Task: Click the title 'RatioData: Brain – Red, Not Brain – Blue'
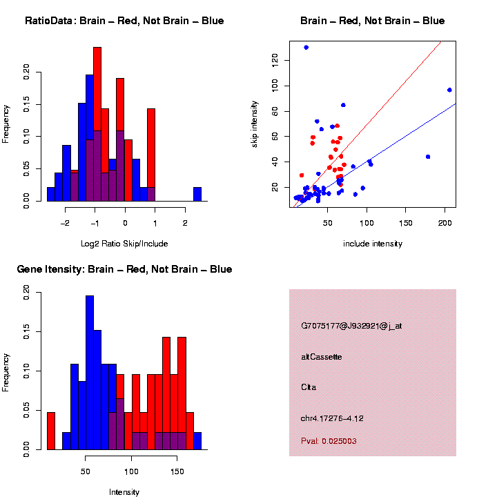pyautogui.click(x=124, y=21)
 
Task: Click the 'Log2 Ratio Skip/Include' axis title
pyautogui.click(x=124, y=244)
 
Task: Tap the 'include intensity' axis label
pyautogui.click(x=373, y=244)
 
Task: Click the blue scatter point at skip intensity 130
pyautogui.click(x=306, y=48)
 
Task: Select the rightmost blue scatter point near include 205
pyautogui.click(x=449, y=90)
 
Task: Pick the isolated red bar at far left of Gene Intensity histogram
pyautogui.click(x=50, y=431)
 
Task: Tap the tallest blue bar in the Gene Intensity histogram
pyautogui.click(x=89, y=373)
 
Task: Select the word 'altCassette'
pyautogui.click(x=322, y=357)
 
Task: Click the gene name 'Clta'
pyautogui.click(x=309, y=387)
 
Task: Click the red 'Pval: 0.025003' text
pyautogui.click(x=329, y=440)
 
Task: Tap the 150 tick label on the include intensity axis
pyautogui.click(x=406, y=224)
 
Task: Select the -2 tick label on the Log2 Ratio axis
pyautogui.click(x=64, y=224)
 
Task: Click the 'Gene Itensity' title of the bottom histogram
pyautogui.click(x=124, y=269)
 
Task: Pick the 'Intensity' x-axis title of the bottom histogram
pyautogui.click(x=124, y=492)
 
